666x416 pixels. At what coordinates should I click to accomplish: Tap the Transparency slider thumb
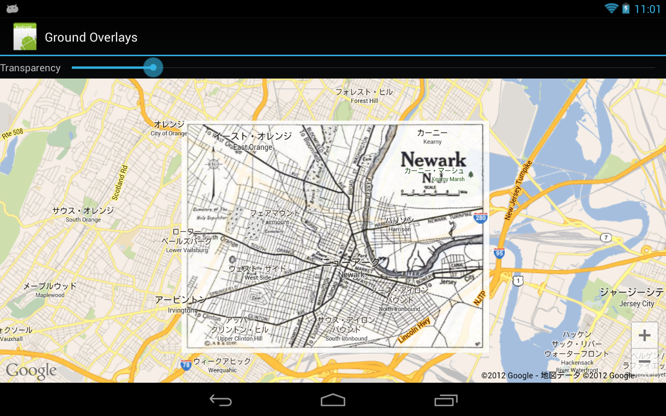(153, 68)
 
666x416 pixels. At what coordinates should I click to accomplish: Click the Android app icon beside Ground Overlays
(25, 37)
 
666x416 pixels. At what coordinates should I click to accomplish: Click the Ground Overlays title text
(91, 37)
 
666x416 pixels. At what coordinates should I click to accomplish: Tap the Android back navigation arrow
(221, 400)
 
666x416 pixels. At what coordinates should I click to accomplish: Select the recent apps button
(446, 400)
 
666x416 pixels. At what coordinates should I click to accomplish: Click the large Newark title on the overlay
(433, 159)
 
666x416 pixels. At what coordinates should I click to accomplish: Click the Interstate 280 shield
(480, 218)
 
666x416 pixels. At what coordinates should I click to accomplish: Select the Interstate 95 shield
(499, 254)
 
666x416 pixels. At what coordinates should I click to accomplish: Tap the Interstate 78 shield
(186, 365)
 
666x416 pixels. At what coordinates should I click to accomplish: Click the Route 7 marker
(606, 238)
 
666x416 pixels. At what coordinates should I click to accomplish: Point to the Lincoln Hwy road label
(414, 330)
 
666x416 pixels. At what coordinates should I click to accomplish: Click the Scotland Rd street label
(120, 183)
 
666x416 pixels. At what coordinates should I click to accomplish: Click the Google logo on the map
(31, 371)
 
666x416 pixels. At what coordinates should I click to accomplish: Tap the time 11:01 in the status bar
(647, 9)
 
